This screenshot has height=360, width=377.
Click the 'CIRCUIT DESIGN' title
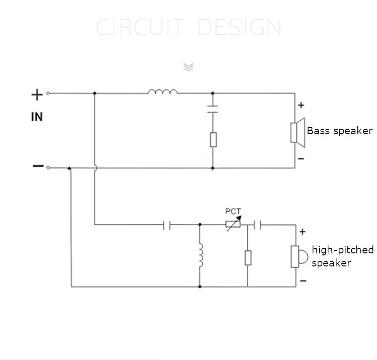(x=189, y=27)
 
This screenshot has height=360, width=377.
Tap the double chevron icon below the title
(x=189, y=67)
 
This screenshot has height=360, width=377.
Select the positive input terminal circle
(x=48, y=94)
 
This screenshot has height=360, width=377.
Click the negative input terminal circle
(x=48, y=167)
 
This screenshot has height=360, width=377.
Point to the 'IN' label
(x=37, y=117)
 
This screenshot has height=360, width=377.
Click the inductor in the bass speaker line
(x=163, y=92)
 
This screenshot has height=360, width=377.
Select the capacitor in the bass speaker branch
(x=213, y=109)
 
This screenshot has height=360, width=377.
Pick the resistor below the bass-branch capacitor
(x=213, y=139)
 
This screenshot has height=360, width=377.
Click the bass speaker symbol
(x=298, y=133)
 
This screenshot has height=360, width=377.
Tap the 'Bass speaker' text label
(x=339, y=131)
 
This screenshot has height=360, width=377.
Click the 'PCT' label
(x=233, y=211)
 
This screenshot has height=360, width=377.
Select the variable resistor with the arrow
(x=233, y=224)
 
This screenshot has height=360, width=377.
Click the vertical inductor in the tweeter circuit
(x=201, y=255)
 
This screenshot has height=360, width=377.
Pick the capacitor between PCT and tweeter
(x=257, y=225)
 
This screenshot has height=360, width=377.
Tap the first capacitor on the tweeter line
(x=166, y=225)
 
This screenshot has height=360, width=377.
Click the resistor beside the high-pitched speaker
(x=248, y=258)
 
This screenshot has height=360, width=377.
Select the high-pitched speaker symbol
(x=298, y=256)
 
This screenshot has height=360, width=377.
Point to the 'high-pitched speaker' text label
(x=343, y=256)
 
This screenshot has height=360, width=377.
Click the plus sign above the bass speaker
(x=301, y=105)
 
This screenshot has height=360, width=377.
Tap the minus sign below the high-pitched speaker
(x=303, y=281)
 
